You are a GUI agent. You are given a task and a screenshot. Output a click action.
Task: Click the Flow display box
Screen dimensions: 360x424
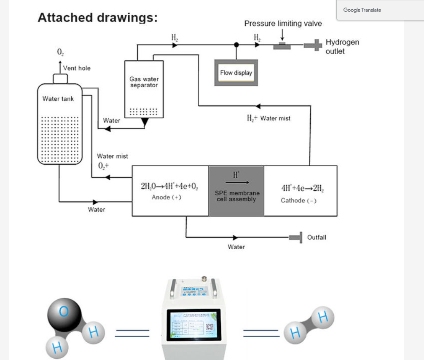[236, 73]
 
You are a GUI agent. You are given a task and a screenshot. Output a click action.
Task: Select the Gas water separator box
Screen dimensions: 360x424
[144, 89]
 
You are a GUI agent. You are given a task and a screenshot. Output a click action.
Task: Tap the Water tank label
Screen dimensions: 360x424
[58, 99]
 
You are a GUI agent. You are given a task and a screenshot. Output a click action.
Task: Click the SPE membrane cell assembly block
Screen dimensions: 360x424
[236, 191]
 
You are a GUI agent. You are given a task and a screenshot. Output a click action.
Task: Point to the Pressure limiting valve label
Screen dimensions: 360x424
[283, 24]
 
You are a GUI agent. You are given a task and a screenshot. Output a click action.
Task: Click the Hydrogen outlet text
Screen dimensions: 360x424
[342, 47]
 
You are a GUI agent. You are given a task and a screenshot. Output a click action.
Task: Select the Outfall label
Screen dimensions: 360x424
[317, 237]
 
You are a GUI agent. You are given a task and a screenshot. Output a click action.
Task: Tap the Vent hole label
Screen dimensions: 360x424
[77, 68]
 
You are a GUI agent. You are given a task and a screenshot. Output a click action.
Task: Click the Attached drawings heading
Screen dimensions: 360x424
[98, 18]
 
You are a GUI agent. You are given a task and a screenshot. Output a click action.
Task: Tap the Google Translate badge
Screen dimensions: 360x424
[362, 10]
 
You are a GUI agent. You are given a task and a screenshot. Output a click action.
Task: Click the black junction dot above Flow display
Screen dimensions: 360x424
[236, 44]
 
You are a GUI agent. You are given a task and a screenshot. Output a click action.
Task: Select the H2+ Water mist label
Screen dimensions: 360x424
[269, 118]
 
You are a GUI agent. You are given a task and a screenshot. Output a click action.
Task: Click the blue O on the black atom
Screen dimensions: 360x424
[64, 312]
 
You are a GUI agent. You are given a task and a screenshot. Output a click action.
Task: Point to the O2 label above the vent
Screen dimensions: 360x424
[60, 52]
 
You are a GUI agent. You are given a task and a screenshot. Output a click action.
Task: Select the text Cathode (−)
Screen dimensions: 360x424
[298, 200]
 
